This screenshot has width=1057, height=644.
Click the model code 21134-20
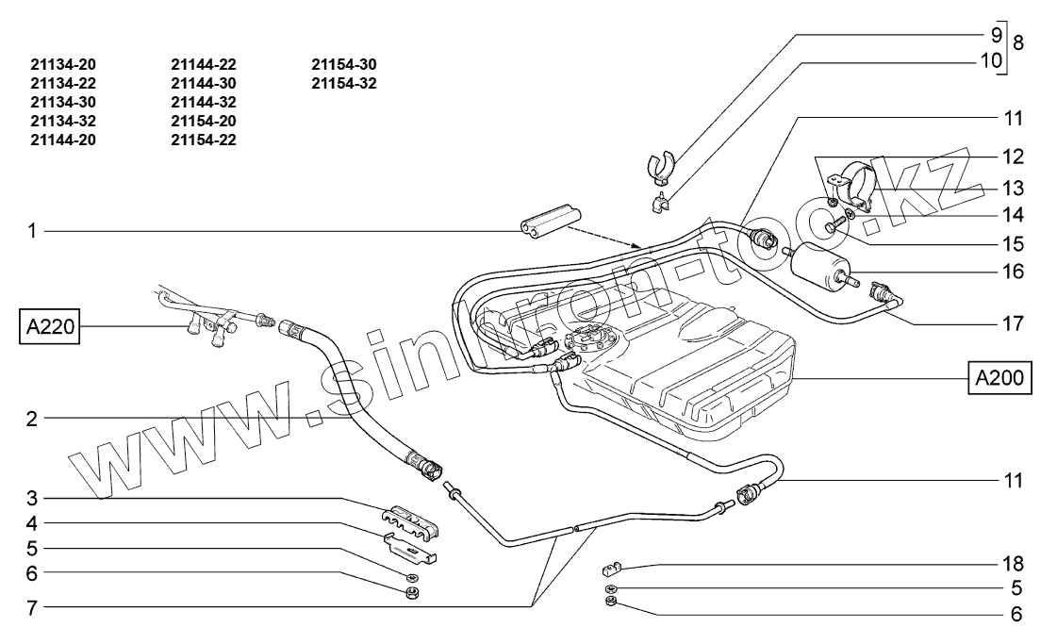coord(62,65)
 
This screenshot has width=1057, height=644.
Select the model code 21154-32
coord(344,84)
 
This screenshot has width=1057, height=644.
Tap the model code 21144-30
coord(204,84)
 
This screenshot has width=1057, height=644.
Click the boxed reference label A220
coord(49,327)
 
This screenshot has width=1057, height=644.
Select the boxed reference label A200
coord(999,378)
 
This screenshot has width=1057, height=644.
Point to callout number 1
coord(31,231)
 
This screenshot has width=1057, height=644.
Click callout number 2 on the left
coord(31,419)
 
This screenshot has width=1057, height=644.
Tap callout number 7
coord(31,607)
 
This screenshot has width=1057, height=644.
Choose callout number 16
coord(1014,272)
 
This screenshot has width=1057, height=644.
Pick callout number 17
coord(1014,323)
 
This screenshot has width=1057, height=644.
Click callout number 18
coord(1014,563)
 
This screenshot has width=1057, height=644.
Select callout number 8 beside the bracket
coord(1018,42)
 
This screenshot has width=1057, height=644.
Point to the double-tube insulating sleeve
coord(549,222)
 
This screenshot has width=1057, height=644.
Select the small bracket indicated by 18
coord(611,570)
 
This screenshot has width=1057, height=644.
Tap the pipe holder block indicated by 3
coord(411,520)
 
